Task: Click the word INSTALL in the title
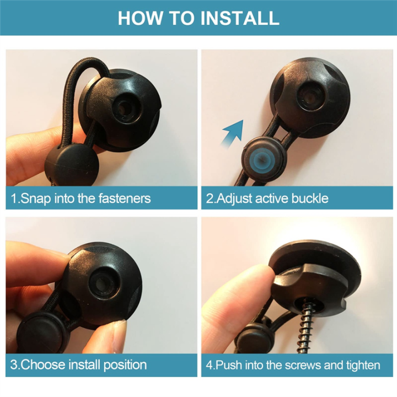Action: coord(239,18)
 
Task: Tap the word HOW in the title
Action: coord(141,18)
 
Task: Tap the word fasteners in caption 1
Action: coord(125,198)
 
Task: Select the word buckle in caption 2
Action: coord(310,198)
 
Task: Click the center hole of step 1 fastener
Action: coord(124,108)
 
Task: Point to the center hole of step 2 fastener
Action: coord(309,98)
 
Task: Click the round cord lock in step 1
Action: coord(72,164)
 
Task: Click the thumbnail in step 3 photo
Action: coord(119,334)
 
